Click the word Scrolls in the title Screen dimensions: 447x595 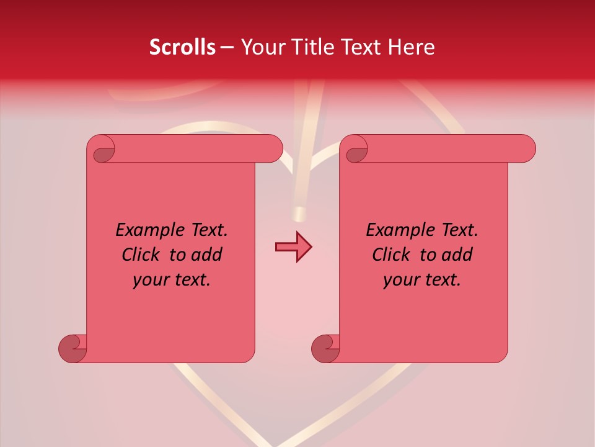coord(182,47)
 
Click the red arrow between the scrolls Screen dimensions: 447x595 coord(293,247)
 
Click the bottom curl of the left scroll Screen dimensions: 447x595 coord(73,348)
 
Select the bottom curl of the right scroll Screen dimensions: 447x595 coord(325,348)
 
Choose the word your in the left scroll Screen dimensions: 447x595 coord(149,280)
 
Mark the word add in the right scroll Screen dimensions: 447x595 coord(458,255)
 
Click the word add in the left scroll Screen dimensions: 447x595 coord(208,255)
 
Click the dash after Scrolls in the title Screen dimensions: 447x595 coord(227,47)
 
